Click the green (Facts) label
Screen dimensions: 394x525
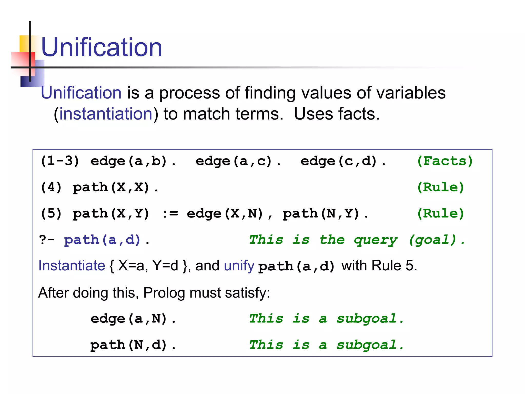445,161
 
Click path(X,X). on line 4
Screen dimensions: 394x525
115,188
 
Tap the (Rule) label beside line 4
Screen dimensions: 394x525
440,188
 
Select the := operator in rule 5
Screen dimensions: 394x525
170,214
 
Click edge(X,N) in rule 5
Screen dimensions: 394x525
225,214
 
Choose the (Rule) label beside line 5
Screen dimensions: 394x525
440,214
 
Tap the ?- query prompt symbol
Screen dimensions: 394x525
47,240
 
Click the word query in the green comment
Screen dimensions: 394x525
376,240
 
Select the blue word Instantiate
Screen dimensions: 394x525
72,265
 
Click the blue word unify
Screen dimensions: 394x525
239,265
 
